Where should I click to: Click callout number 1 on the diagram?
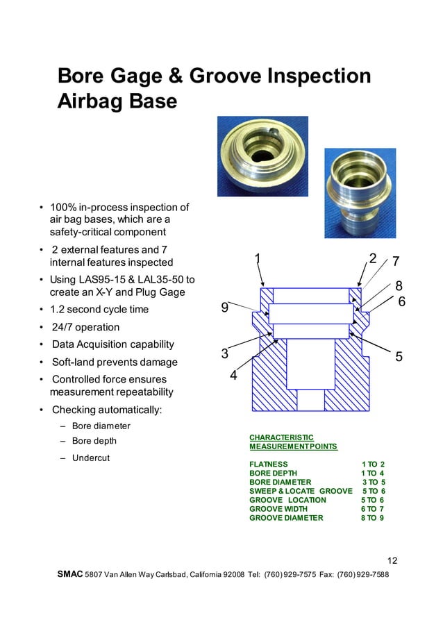point(258,259)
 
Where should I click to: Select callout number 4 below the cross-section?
point(233,376)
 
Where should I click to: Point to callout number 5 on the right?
point(399,356)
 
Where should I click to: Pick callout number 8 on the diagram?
point(399,285)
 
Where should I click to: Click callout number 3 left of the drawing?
point(224,353)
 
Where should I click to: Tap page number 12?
point(392,561)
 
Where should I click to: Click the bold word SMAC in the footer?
point(70,575)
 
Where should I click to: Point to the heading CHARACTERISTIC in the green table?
point(281,437)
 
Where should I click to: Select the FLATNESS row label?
point(269,464)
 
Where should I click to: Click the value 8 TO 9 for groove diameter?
point(373,518)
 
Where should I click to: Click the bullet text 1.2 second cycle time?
point(99,309)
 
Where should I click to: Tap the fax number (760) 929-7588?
point(364,576)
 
